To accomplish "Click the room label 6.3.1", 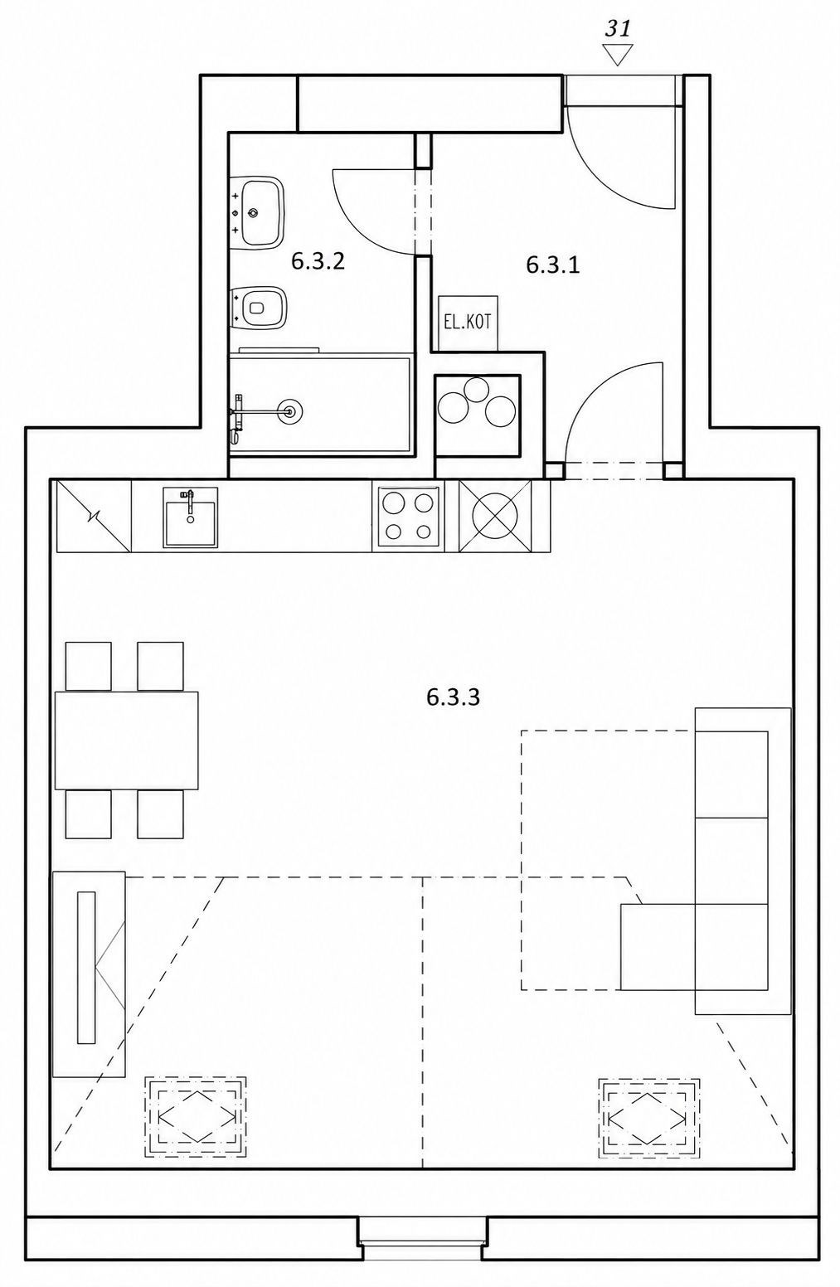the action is [552, 265].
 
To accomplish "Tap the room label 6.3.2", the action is [317, 261].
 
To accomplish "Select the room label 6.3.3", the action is [453, 697].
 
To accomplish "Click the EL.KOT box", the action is [468, 323].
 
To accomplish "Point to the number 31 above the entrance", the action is [618, 29].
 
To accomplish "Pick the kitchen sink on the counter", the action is [190, 517].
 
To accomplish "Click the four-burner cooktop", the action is [408, 517].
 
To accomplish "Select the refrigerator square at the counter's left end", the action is [94, 516].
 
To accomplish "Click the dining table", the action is [126, 740].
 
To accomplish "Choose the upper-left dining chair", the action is [89, 667].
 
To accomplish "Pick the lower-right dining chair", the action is [160, 813].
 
